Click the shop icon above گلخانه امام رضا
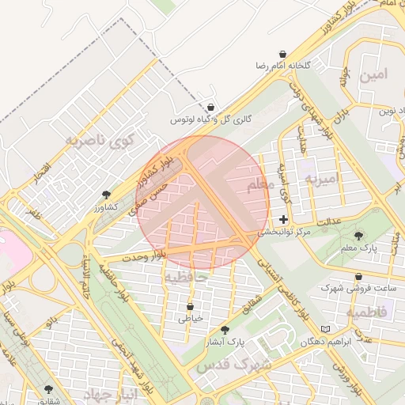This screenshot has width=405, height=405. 282,54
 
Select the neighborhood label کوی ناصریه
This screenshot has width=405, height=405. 100,142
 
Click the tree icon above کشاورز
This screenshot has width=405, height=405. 107,194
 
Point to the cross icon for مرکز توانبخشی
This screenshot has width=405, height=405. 283,219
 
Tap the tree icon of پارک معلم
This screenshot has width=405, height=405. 359,236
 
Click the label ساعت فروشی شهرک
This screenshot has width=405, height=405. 348,288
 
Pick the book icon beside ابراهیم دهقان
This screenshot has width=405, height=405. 326,329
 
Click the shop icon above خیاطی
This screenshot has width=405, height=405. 191,305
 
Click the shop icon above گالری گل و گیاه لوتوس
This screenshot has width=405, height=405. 210,106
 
